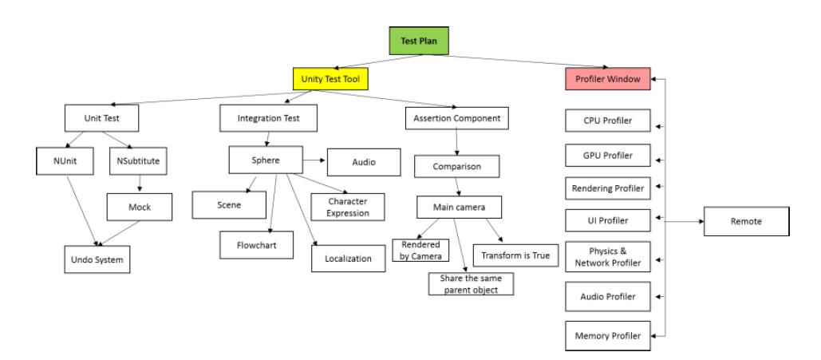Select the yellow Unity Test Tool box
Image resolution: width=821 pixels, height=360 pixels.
tap(330, 78)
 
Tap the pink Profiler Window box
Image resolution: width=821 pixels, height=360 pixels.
tap(607, 79)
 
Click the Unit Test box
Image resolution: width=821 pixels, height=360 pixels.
tap(101, 119)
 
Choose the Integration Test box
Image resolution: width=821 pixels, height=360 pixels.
tap(268, 119)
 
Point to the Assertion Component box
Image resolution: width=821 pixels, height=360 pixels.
tap(457, 118)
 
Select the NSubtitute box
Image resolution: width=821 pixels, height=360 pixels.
tap(139, 160)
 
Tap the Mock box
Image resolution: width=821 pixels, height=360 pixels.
tap(140, 207)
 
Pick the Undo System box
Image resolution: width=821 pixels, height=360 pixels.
tap(97, 259)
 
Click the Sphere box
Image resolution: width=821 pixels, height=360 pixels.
tap(266, 160)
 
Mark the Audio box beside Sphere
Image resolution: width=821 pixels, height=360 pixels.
tap(364, 162)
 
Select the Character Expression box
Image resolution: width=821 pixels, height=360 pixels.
tap(348, 208)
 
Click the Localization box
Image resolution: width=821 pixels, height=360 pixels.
tap(348, 258)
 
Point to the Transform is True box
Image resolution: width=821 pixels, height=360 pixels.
tap(515, 255)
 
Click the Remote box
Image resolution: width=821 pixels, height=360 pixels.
tap(747, 221)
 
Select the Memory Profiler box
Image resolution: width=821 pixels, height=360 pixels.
tap(607, 336)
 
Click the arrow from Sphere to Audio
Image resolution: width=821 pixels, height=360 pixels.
tap(314, 161)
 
